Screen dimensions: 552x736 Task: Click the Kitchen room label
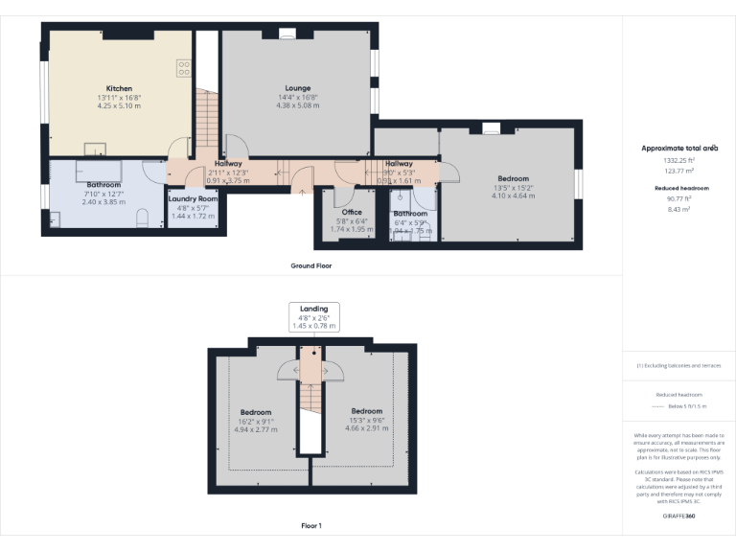(119, 88)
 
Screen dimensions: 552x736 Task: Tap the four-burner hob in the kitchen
(182, 68)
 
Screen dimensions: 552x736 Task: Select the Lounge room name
(296, 88)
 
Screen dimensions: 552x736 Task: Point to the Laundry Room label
(193, 198)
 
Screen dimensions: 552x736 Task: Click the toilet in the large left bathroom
(142, 220)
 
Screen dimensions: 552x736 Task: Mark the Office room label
(352, 212)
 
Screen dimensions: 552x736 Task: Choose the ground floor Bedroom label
(513, 178)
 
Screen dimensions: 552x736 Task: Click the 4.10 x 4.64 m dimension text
(513, 195)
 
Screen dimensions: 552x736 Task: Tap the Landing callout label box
(313, 317)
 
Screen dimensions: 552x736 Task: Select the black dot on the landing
(312, 353)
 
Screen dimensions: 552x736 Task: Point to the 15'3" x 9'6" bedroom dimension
(366, 420)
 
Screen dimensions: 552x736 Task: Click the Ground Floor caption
(311, 265)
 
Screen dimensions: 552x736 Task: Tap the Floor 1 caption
(311, 526)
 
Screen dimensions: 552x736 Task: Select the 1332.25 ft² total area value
(678, 160)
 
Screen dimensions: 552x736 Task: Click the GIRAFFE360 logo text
(678, 516)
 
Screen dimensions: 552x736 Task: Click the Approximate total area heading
(678, 149)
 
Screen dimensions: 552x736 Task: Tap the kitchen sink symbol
(95, 149)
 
